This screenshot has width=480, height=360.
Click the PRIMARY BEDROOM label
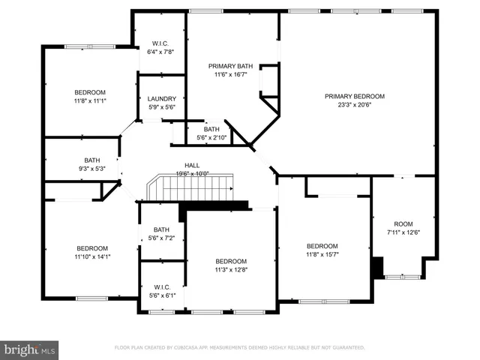(354, 96)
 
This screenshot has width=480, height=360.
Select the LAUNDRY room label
(162, 99)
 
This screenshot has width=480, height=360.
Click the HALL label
(193, 165)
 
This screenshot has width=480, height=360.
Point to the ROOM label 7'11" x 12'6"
(403, 223)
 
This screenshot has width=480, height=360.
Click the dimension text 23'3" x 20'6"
(354, 106)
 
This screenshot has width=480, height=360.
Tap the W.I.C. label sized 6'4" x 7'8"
(160, 43)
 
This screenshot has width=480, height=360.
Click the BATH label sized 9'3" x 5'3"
(92, 160)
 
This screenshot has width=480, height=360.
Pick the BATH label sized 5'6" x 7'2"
(162, 229)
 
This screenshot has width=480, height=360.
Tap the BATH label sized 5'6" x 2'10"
(212, 128)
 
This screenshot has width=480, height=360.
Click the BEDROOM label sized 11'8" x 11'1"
(90, 91)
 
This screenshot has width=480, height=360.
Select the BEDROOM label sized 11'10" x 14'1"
(92, 248)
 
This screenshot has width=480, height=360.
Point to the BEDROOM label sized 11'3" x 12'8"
(231, 262)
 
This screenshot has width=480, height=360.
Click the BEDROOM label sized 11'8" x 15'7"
(322, 246)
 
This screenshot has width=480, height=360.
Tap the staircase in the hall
(191, 188)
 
